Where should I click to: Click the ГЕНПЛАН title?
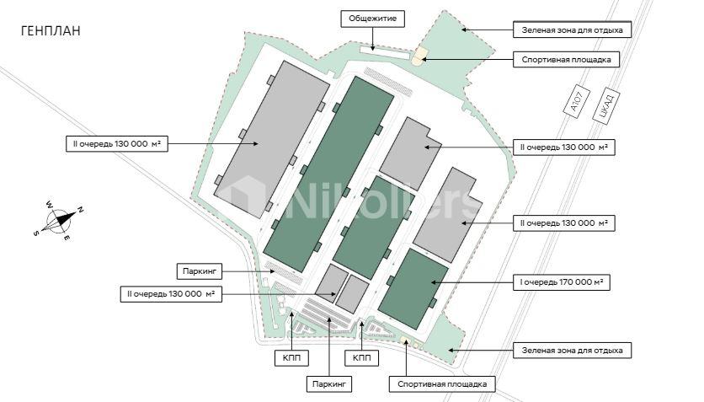[x=51, y=30]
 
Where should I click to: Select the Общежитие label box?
[x=373, y=19]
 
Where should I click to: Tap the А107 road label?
[x=576, y=102]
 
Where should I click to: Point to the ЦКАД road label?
[x=606, y=105]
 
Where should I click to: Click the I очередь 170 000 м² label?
[x=561, y=282]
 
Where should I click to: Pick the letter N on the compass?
[x=80, y=209]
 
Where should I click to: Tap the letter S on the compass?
[x=35, y=233]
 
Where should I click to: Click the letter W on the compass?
[x=49, y=205]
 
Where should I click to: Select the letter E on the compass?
[x=66, y=238]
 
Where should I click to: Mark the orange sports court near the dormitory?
[x=419, y=56]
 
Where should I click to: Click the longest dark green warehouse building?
[x=328, y=174]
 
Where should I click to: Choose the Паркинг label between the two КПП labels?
[x=329, y=384]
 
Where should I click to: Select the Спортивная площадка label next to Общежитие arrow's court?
[x=566, y=59]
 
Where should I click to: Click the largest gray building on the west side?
[x=272, y=139]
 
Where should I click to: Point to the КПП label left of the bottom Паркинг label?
[x=292, y=358]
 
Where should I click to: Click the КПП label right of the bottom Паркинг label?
[x=362, y=358]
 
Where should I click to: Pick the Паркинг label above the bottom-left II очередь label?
[x=200, y=271]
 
